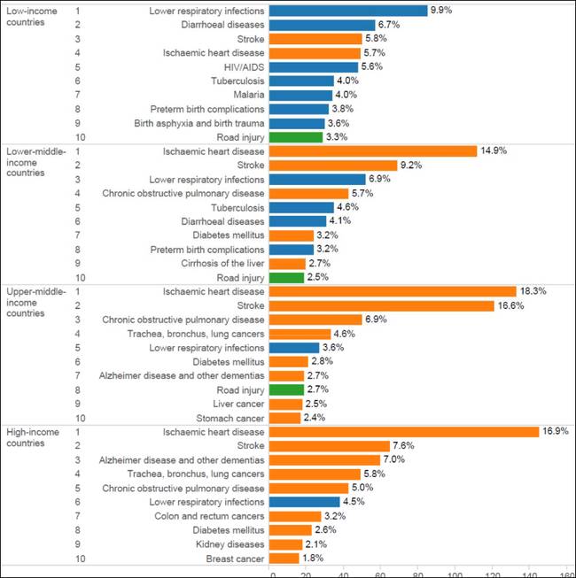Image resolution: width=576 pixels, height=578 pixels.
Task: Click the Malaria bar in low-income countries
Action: (x=300, y=95)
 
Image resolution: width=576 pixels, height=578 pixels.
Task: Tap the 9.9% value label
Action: (x=441, y=11)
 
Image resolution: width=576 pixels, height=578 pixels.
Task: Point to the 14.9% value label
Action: (x=493, y=150)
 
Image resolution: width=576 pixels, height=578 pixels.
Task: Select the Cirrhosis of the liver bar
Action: (x=286, y=264)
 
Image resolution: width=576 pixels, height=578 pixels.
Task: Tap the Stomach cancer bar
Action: (x=284, y=418)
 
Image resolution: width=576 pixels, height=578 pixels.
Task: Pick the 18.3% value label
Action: (x=533, y=291)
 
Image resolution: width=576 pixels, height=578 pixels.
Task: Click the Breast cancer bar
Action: (x=284, y=559)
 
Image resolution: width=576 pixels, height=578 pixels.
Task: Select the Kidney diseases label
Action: (x=232, y=544)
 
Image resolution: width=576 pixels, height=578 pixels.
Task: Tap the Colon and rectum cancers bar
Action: (x=294, y=516)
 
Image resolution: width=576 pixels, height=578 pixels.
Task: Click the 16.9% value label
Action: (x=555, y=432)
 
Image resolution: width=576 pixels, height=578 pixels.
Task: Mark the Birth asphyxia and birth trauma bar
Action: (x=297, y=123)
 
